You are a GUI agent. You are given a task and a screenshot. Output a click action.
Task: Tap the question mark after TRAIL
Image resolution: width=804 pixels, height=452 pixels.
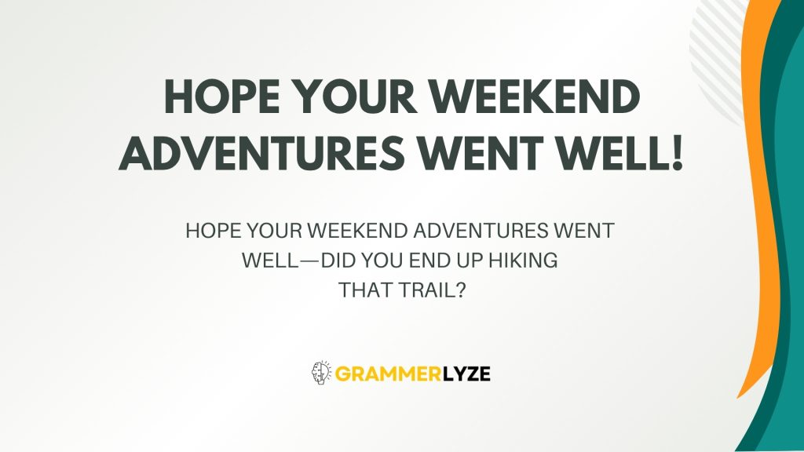[x=460, y=290]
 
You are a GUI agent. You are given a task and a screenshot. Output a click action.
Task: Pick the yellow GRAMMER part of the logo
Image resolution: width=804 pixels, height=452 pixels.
[x=381, y=373]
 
